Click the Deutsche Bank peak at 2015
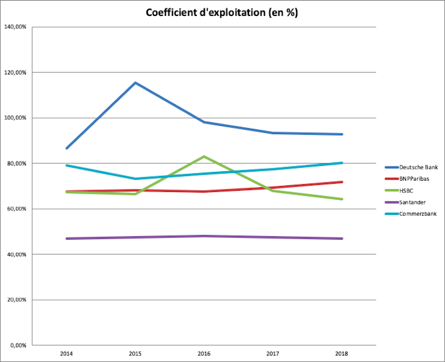click(x=135, y=83)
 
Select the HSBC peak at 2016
click(x=204, y=156)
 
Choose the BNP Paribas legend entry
click(x=413, y=179)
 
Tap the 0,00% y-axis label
click(x=18, y=345)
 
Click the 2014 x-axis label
click(x=66, y=354)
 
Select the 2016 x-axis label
click(x=204, y=354)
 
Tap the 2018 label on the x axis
click(x=342, y=354)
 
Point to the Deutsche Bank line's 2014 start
click(x=67, y=148)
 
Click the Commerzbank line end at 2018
click(x=342, y=163)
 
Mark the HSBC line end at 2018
click(x=342, y=199)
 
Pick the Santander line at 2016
click(x=204, y=236)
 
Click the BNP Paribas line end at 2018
click(x=342, y=182)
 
